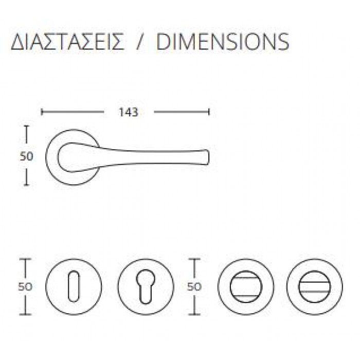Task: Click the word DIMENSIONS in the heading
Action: pos(223,42)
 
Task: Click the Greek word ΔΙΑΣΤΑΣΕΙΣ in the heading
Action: pos(67,42)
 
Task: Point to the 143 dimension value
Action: pos(129,112)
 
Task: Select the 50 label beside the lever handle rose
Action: pos(27,156)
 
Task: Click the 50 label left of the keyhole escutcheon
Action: pos(25,286)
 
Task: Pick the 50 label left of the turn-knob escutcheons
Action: pos(194,286)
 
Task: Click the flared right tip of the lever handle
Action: pos(207,157)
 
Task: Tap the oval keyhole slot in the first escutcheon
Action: pos(74,286)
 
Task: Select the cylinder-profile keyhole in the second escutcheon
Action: pos(146,286)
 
